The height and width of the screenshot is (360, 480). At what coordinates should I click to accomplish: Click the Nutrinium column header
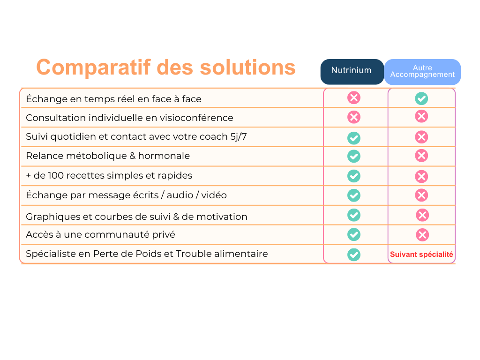(352, 72)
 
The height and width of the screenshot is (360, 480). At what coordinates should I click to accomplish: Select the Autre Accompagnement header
(422, 72)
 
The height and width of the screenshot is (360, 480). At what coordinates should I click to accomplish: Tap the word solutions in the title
(247, 67)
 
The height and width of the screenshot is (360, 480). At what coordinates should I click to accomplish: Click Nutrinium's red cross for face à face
(354, 98)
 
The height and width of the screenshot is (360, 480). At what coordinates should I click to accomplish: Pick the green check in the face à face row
(421, 98)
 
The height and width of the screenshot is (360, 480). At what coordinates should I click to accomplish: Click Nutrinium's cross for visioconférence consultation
(354, 117)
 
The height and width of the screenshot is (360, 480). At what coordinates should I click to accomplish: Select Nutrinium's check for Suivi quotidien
(354, 138)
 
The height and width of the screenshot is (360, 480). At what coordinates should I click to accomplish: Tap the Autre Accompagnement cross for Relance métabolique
(421, 156)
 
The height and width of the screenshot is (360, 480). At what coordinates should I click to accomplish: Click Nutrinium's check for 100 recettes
(354, 176)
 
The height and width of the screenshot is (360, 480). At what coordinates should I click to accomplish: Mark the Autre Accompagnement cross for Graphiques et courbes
(422, 215)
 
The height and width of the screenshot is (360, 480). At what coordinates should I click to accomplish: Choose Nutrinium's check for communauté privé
(354, 234)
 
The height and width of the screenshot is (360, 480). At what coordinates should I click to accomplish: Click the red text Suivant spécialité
(421, 255)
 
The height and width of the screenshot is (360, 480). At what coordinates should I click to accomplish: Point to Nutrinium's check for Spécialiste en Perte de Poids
(354, 255)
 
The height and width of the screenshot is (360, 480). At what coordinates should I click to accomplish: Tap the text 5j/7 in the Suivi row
(239, 136)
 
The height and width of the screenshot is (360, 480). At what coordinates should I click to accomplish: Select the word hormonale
(164, 156)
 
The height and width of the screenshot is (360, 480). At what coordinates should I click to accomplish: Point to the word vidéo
(214, 195)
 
